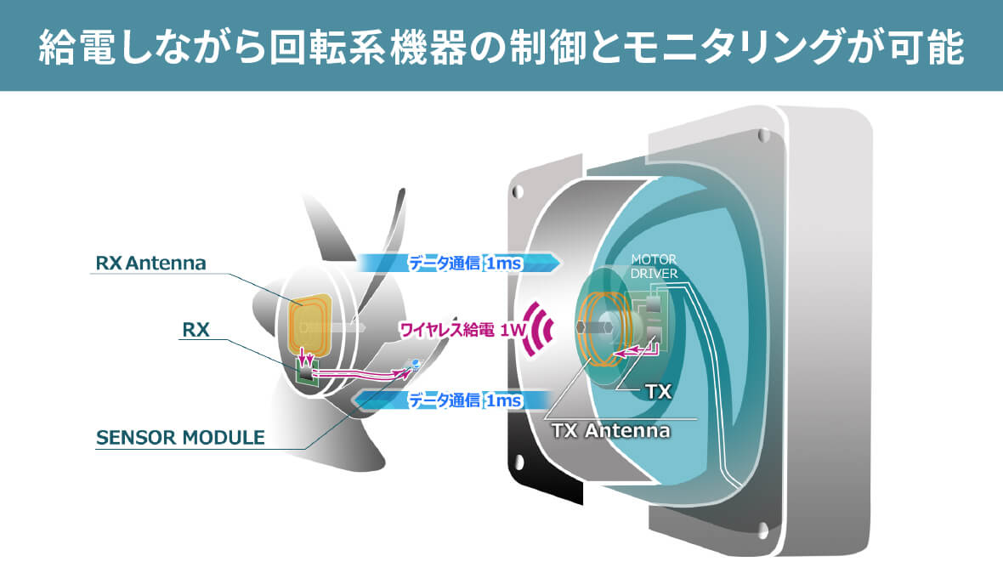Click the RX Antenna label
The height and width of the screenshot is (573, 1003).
(x=150, y=263)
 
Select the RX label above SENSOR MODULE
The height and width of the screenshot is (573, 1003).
(x=195, y=330)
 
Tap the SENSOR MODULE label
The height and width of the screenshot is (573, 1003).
(x=180, y=438)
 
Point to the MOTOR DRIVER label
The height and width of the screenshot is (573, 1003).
(x=654, y=266)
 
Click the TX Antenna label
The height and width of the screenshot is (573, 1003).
(x=611, y=430)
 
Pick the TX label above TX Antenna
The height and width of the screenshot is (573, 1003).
(x=659, y=391)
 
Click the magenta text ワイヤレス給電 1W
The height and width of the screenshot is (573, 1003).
(x=462, y=330)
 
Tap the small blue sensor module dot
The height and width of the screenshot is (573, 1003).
(x=416, y=365)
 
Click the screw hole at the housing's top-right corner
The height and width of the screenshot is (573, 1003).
(x=763, y=135)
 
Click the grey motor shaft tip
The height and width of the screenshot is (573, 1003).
(x=581, y=327)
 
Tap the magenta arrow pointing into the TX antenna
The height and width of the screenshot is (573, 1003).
(x=637, y=349)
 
